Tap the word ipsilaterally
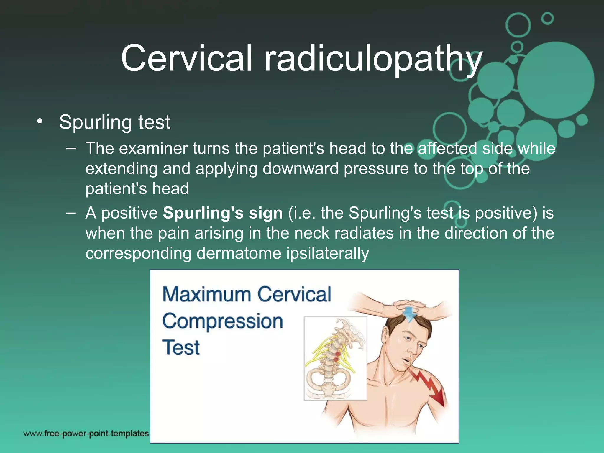click(327, 253)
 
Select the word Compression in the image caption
click(223, 321)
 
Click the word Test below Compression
click(181, 347)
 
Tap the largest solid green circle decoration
click(556, 80)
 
